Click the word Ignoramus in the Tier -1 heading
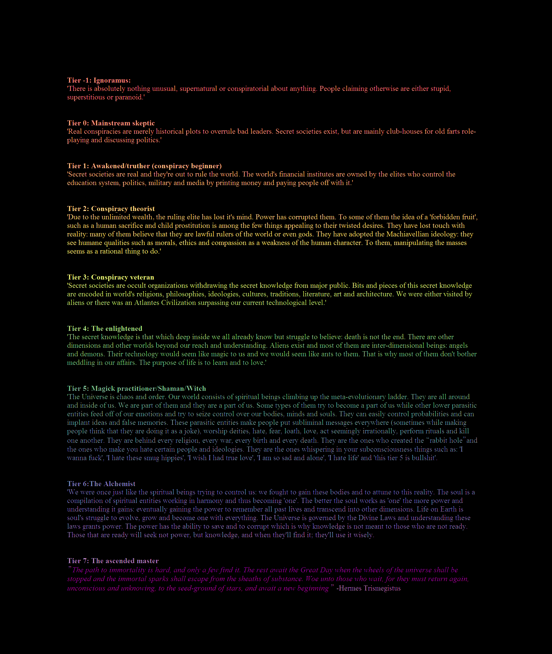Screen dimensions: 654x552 [112, 80]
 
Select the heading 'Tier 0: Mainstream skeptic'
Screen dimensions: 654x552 [111, 123]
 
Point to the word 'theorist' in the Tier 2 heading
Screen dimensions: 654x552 [142, 209]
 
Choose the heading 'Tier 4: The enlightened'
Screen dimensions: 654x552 [105, 329]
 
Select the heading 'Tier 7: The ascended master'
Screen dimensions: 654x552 [113, 561]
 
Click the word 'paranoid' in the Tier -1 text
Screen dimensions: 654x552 [129, 97]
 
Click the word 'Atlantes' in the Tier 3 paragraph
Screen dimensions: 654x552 [147, 303]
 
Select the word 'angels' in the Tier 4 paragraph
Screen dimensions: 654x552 [458, 346]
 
